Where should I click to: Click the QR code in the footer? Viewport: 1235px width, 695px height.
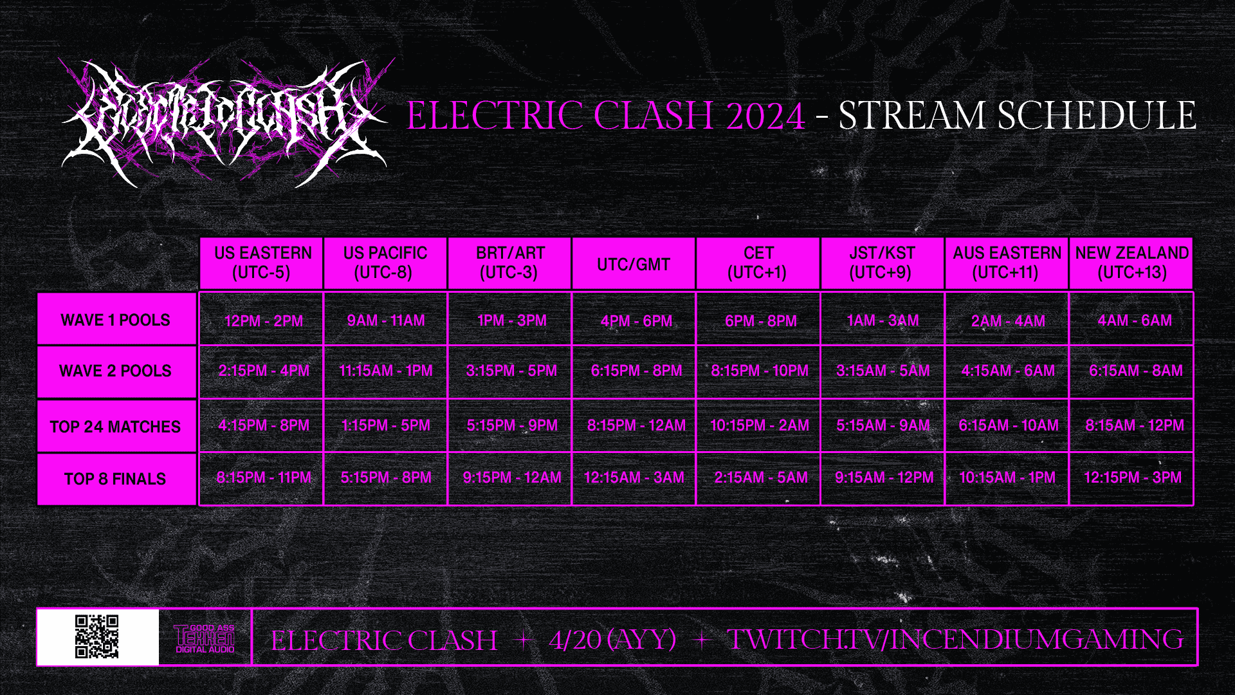[x=97, y=636]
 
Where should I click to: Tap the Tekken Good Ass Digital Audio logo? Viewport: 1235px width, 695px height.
[x=205, y=638]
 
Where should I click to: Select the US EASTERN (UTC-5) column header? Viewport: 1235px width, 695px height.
[x=262, y=263]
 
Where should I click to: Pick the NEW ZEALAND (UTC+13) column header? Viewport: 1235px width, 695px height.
[x=1131, y=263]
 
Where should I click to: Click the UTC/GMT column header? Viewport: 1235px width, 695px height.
[x=634, y=264]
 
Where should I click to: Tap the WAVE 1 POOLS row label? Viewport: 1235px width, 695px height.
[x=116, y=320]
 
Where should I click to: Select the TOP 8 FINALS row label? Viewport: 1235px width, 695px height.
[x=116, y=479]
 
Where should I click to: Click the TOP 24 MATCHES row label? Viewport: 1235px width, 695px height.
[x=116, y=426]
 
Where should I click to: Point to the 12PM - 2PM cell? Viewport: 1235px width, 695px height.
[x=263, y=320]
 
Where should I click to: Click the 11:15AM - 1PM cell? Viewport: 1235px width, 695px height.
[x=386, y=371]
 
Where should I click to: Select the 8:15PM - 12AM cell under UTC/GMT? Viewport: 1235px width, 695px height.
[x=636, y=425]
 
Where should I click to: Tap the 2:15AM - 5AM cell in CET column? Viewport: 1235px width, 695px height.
[x=760, y=477]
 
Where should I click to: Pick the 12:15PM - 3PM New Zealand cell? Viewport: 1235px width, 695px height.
[x=1132, y=477]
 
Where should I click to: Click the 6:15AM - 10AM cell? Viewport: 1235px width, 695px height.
[x=1008, y=425]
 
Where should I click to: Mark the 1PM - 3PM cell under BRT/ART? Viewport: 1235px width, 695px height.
[x=512, y=320]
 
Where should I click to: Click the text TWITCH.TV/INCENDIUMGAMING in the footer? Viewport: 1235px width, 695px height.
[x=955, y=640]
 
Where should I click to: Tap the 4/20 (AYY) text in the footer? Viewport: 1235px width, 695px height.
[x=612, y=640]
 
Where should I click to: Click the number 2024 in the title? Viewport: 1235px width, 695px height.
[x=765, y=116]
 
